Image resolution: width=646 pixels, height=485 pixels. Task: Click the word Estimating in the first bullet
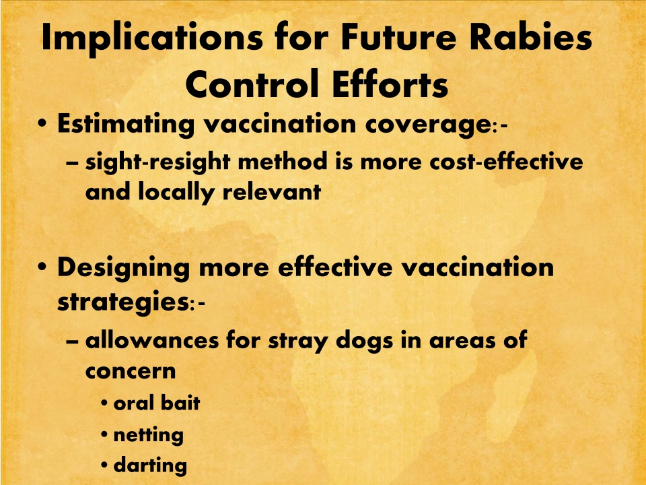click(126, 124)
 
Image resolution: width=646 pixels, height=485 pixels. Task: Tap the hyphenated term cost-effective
click(506, 160)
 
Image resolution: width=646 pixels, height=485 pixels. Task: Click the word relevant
click(272, 191)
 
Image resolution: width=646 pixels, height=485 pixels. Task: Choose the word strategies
click(123, 302)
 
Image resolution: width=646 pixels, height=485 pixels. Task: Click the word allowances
click(152, 341)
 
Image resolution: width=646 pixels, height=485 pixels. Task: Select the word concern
click(131, 371)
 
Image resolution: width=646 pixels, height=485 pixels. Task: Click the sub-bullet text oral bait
click(157, 403)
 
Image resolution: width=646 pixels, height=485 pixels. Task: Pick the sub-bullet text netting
click(148, 435)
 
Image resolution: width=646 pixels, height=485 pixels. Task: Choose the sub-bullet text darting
click(150, 465)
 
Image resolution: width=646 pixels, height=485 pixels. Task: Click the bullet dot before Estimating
click(42, 123)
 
